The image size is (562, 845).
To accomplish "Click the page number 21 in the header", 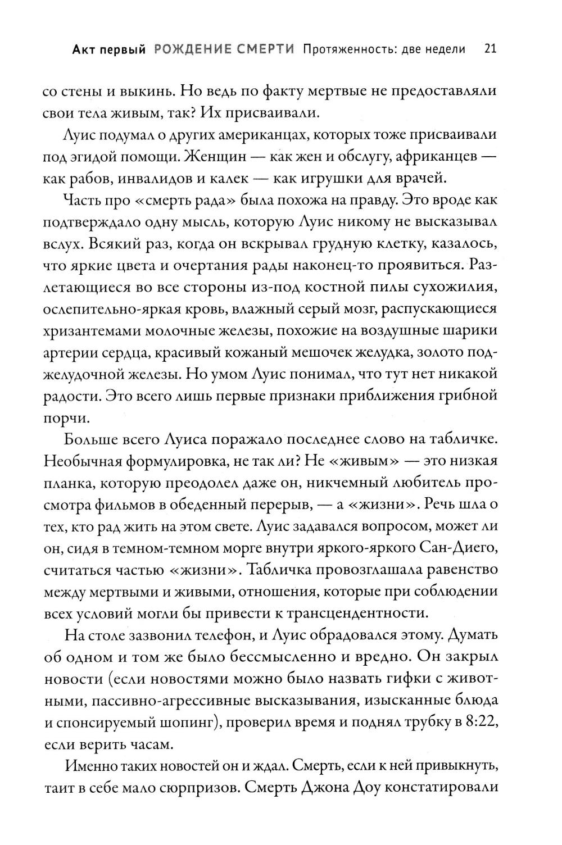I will (490, 49).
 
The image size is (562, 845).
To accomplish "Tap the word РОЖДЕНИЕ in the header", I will (187, 49).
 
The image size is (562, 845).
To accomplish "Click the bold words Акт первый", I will (108, 49).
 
